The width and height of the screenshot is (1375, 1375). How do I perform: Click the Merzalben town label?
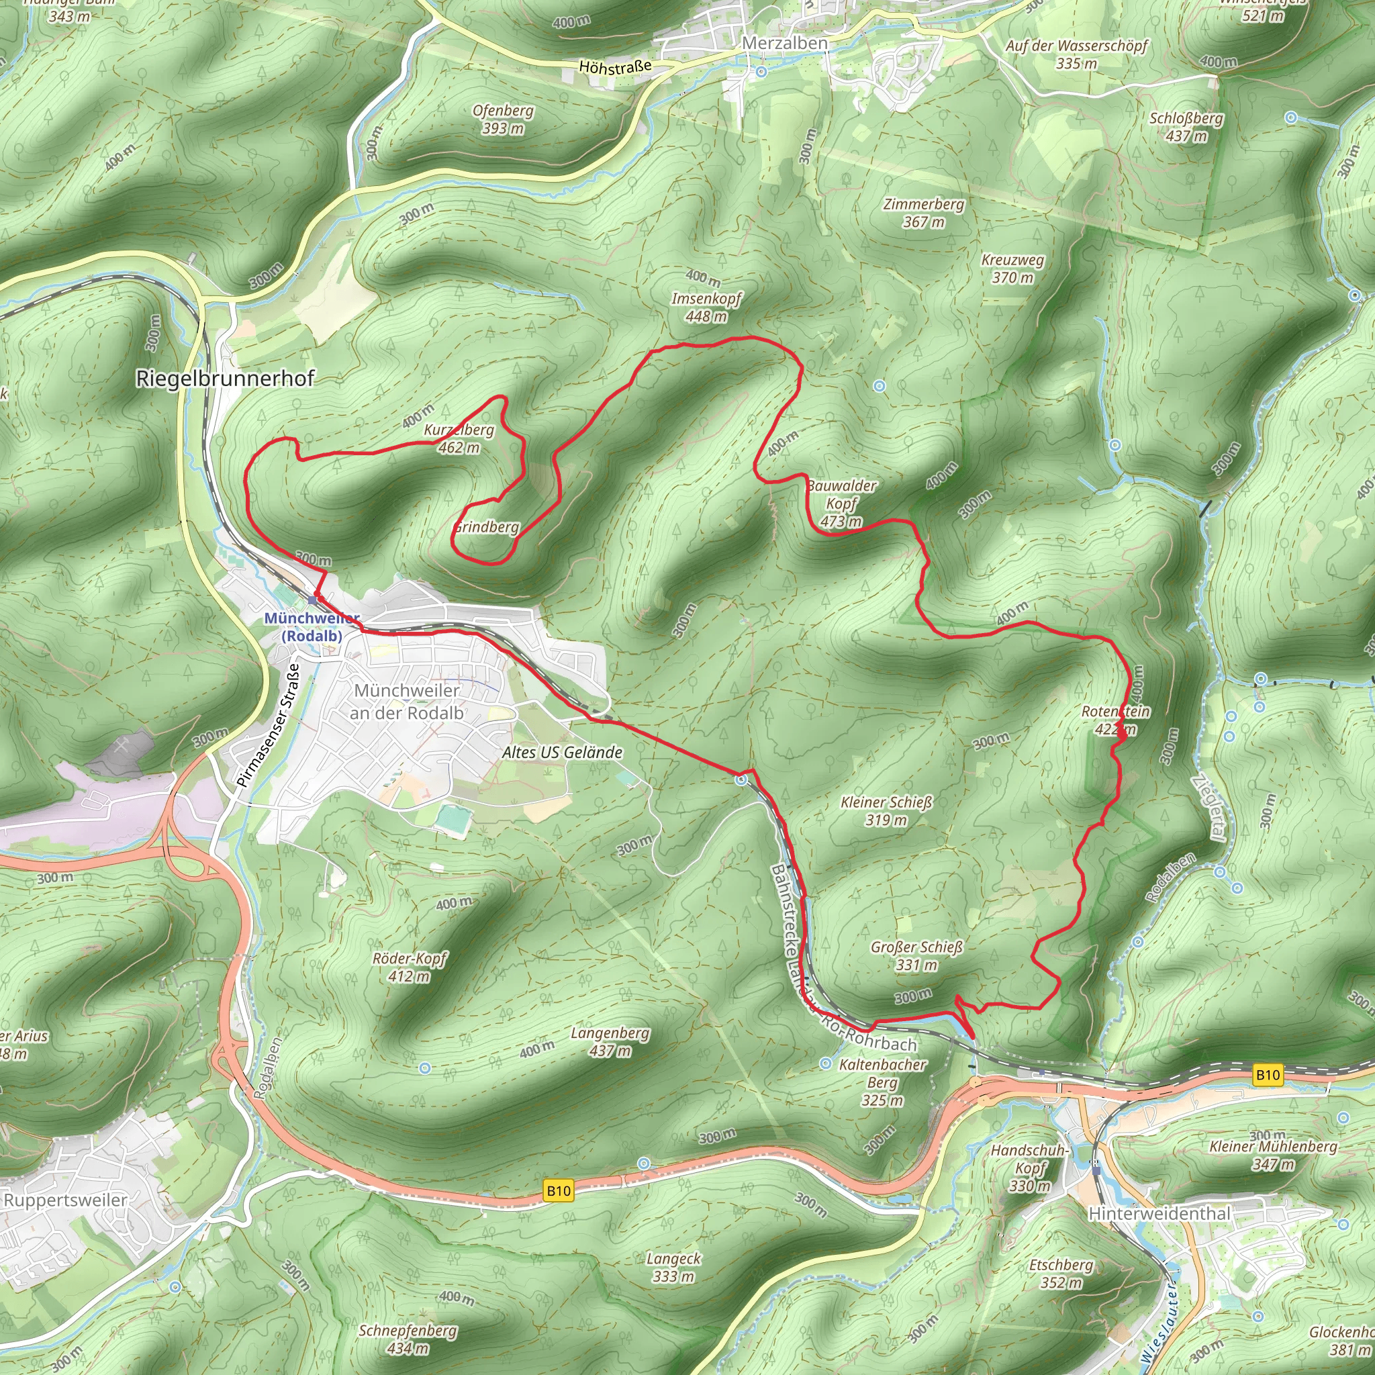pos(784,44)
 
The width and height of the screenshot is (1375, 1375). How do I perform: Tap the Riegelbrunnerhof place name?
pos(225,379)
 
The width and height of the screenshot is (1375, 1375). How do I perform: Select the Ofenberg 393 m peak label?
pos(502,120)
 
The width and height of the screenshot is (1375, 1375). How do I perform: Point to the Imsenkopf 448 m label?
pos(706,307)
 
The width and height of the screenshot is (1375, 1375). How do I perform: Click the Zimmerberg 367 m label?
pos(924,213)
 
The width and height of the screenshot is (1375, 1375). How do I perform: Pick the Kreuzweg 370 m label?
pos(1012,269)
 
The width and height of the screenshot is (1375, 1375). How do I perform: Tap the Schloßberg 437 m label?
pos(1186,127)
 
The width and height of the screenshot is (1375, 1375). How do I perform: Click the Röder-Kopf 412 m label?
pos(410,967)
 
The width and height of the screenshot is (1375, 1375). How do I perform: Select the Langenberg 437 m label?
pos(610,1042)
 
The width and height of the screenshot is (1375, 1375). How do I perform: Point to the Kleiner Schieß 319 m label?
pos(886,811)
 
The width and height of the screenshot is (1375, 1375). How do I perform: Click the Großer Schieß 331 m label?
pos(916,956)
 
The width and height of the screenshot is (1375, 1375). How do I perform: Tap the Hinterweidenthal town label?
pos(1159,1213)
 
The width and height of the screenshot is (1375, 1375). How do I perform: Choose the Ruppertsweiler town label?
pos(66,1200)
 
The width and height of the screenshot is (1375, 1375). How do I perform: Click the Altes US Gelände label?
pos(562,752)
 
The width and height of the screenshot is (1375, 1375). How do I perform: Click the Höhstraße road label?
pos(615,68)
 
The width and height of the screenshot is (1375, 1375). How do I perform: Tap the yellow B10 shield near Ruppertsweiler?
pos(558,1190)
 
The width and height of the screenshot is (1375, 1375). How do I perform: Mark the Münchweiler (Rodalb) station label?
pos(312,627)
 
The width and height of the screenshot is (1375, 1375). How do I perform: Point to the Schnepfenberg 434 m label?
pos(408,1339)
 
